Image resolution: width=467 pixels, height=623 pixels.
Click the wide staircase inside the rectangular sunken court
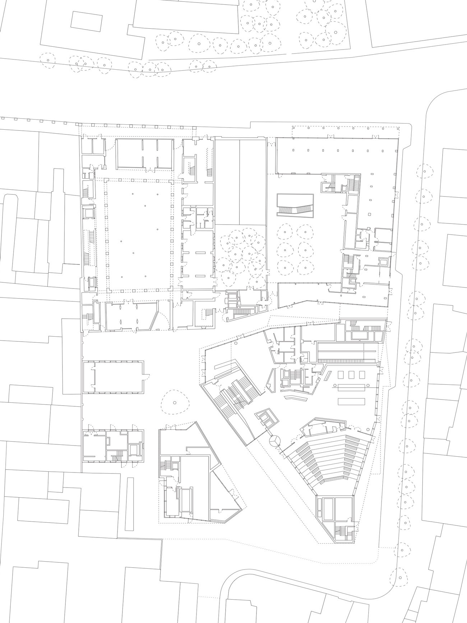pyautogui.click(x=294, y=210)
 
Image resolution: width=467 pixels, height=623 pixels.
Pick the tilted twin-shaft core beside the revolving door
pyautogui.click(x=266, y=419)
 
